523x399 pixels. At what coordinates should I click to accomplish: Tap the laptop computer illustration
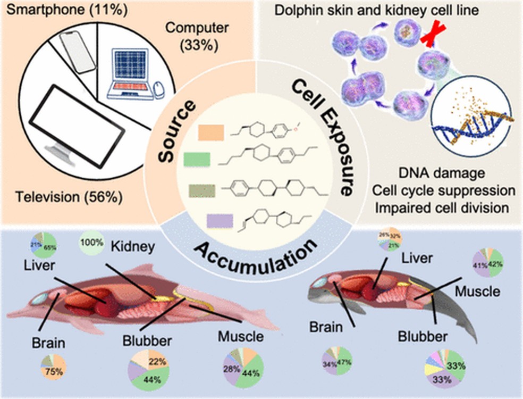tap(130, 74)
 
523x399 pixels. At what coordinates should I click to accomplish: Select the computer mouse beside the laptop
tap(158, 89)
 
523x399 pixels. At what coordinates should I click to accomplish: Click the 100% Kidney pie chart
tap(92, 243)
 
